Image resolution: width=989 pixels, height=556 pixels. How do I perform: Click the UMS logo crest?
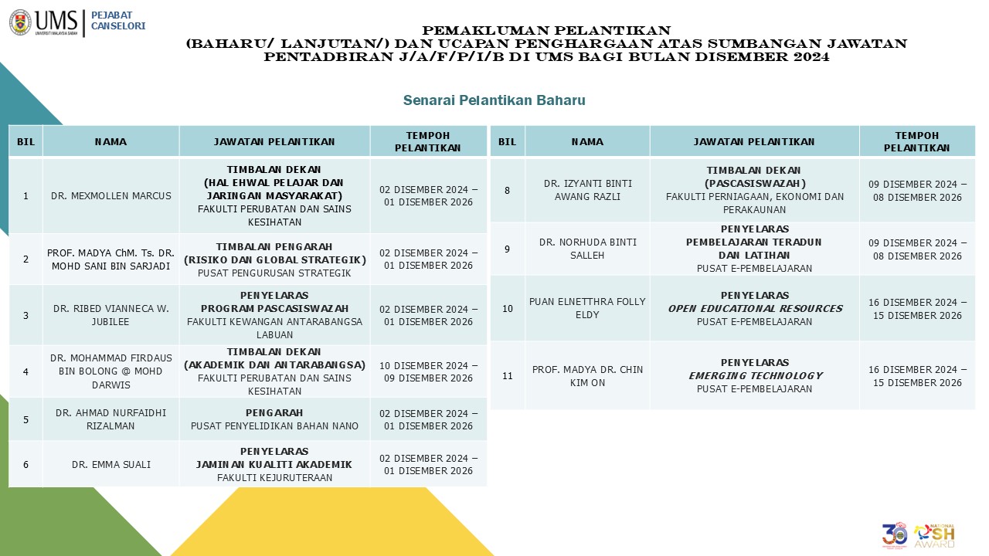click(21, 22)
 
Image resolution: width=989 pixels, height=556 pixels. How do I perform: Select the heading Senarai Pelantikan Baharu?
click(494, 100)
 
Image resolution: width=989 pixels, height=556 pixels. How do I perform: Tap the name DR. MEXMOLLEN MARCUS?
click(111, 196)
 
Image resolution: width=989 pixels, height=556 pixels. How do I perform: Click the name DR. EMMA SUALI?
click(111, 465)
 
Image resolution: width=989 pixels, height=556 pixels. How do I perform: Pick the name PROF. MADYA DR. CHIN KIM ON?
click(587, 376)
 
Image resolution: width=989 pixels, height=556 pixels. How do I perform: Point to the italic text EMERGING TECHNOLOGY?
click(755, 376)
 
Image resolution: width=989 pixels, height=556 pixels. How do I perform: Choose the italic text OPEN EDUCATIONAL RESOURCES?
click(755, 309)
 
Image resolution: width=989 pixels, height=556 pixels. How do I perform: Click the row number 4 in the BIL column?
click(25, 371)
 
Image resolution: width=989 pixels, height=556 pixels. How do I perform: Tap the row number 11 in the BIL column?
click(508, 376)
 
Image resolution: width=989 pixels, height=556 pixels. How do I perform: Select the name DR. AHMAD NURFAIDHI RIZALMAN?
click(111, 419)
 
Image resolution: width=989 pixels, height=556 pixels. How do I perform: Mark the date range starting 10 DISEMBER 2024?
click(429, 371)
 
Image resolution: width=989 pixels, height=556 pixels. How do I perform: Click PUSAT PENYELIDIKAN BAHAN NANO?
click(274, 426)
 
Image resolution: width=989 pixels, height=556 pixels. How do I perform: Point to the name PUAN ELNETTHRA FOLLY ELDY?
click(587, 308)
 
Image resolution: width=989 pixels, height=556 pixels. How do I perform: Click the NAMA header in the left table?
click(111, 142)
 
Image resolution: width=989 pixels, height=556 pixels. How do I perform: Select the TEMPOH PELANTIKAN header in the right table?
click(917, 142)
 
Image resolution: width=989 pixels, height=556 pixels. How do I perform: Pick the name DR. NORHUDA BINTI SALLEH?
click(587, 249)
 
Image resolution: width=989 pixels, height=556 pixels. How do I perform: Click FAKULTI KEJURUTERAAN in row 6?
click(274, 478)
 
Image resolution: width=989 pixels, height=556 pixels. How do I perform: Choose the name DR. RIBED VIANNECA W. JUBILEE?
click(111, 315)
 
